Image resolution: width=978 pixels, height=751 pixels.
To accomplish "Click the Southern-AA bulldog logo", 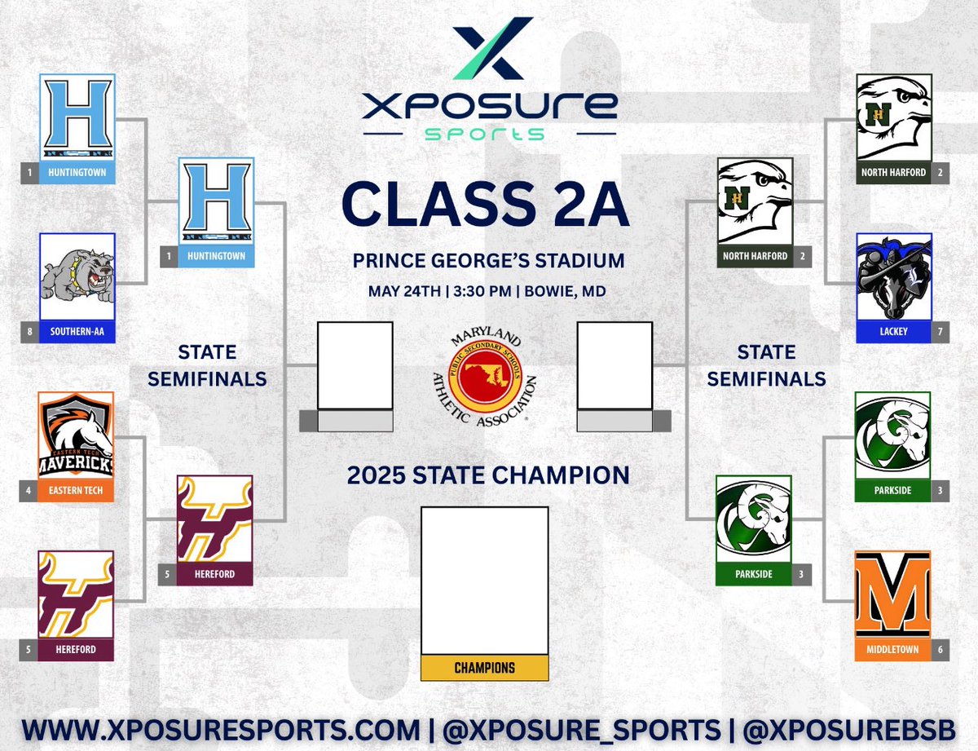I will (77, 276).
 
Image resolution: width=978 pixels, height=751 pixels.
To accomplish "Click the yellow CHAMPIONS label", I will (484, 668).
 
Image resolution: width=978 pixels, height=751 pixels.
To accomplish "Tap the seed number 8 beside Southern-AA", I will (29, 332).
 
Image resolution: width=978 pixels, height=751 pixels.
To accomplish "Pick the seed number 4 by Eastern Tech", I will (29, 491).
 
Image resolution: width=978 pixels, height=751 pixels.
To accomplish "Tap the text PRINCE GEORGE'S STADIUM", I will (488, 262).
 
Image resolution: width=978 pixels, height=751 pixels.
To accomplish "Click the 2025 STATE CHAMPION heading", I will (488, 475).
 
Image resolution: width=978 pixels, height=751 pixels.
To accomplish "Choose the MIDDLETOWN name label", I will (893, 650).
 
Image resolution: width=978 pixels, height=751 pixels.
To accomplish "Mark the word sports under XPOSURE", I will (489, 133).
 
